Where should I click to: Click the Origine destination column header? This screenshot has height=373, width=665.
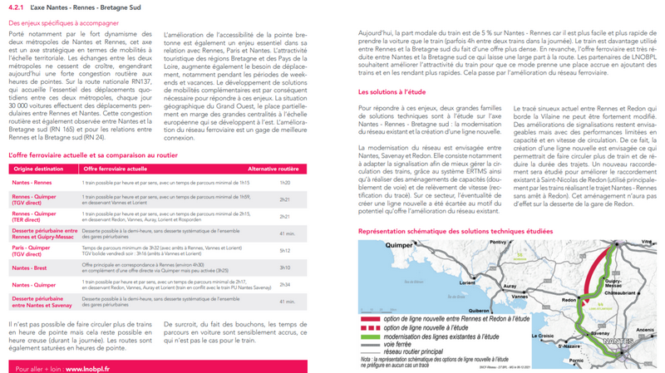pyautogui.click(x=34, y=169)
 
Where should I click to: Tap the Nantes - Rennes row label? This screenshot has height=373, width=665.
pyautogui.click(x=32, y=182)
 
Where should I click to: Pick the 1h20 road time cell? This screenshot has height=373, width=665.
pyautogui.click(x=285, y=182)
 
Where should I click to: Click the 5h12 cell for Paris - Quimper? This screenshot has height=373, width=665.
pyautogui.click(x=285, y=249)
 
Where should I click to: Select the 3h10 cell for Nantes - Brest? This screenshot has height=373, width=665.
pyautogui.click(x=285, y=267)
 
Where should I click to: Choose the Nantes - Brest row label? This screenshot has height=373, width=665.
pyautogui.click(x=29, y=267)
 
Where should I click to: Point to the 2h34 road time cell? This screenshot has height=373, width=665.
pyautogui.click(x=285, y=284)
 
